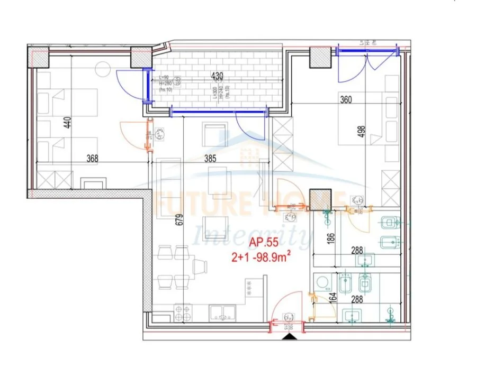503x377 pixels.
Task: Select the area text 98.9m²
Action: (x=276, y=258)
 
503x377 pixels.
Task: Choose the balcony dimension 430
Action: (x=217, y=76)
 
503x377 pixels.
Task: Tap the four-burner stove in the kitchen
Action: (x=183, y=312)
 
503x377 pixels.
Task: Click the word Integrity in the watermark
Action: (x=252, y=235)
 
